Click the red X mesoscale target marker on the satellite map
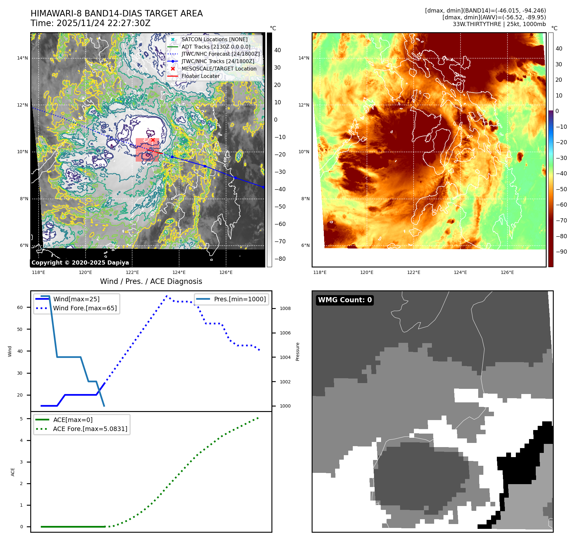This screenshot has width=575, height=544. click(x=153, y=140)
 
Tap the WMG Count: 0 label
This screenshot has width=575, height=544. click(x=345, y=300)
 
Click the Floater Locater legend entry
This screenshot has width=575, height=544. click(x=200, y=76)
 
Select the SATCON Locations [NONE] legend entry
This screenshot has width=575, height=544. click(x=214, y=40)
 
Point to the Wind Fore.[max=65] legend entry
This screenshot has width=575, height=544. click(x=85, y=308)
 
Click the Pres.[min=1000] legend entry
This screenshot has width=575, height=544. click(x=240, y=299)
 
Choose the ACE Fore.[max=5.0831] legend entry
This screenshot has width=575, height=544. click(x=90, y=429)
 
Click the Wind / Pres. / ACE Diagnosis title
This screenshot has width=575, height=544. click(x=151, y=281)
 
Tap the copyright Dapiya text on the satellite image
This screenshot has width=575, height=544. click(x=80, y=262)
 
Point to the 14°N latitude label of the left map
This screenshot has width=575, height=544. click(x=23, y=58)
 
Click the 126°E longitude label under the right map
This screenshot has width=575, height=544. click(x=507, y=272)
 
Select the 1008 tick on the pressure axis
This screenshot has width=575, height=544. click(x=285, y=308)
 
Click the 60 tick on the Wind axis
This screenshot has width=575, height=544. click(x=20, y=307)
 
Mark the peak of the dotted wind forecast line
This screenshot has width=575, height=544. click(x=167, y=296)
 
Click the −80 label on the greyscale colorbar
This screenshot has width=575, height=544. click(x=280, y=259)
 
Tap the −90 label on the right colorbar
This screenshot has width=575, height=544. click(x=561, y=252)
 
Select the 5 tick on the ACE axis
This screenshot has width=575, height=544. click(x=21, y=419)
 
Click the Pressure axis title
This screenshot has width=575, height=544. click(x=298, y=352)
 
